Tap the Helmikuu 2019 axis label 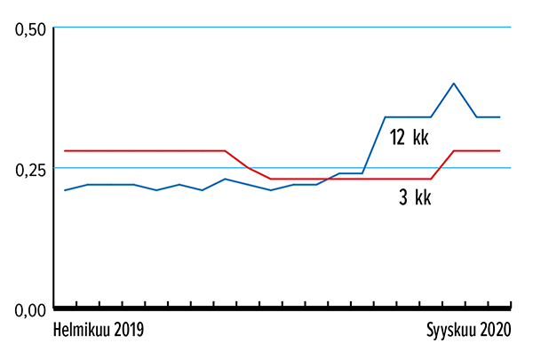[99, 331]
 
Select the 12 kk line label [409, 137]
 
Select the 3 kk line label [414, 198]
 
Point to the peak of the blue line [454, 84]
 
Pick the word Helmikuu [82, 331]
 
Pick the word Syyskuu [449, 331]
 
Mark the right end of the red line [500, 151]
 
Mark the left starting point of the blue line [65, 190]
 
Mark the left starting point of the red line [65, 151]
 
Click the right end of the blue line [500, 117]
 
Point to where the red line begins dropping [225, 151]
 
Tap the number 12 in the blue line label [397, 137]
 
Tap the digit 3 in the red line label [402, 198]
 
